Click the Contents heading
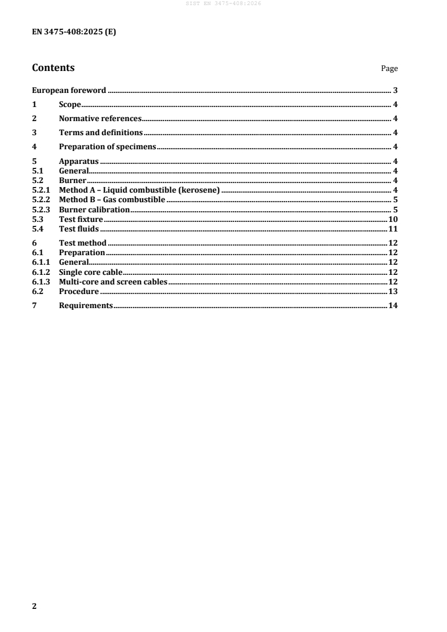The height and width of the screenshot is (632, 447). click(x=53, y=68)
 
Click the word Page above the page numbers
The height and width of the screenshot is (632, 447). click(x=389, y=69)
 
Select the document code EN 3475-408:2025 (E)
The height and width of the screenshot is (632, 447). click(x=74, y=32)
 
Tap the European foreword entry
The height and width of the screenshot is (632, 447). click(x=69, y=90)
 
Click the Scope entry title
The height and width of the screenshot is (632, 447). click(x=70, y=104)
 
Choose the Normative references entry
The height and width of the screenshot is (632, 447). click(x=100, y=118)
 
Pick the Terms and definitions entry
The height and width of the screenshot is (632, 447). click(x=100, y=132)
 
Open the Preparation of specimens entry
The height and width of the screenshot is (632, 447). click(x=107, y=146)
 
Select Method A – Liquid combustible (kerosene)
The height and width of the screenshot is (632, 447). click(x=139, y=190)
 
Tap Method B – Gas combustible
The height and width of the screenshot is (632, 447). click(x=112, y=200)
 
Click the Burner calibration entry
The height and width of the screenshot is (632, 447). click(x=94, y=210)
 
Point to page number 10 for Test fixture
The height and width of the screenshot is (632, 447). click(x=393, y=219)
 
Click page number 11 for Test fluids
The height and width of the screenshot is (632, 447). click(x=393, y=229)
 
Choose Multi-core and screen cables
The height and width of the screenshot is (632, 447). click(x=113, y=282)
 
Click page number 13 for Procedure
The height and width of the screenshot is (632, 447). click(x=393, y=291)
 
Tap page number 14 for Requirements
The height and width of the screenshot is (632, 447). click(x=393, y=305)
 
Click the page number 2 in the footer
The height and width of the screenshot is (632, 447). click(x=34, y=606)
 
